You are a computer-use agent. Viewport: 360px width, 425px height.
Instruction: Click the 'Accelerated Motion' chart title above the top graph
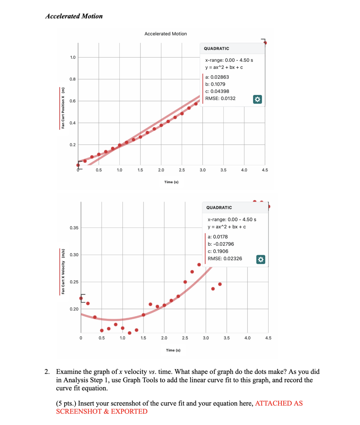pyautogui.click(x=165, y=34)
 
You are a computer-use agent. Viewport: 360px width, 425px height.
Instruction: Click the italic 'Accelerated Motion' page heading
pyautogui.click(x=74, y=16)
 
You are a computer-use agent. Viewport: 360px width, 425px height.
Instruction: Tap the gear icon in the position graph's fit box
pyautogui.click(x=257, y=99)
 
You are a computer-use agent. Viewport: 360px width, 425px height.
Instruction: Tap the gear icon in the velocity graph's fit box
pyautogui.click(x=260, y=259)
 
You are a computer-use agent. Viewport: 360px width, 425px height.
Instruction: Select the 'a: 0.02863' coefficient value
pyautogui.click(x=217, y=77)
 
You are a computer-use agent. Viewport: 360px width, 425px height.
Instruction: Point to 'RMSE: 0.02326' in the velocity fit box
pyautogui.click(x=225, y=259)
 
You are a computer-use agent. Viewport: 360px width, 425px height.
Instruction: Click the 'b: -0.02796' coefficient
pyautogui.click(x=221, y=244)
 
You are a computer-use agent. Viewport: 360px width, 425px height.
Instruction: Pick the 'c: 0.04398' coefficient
pyautogui.click(x=217, y=91)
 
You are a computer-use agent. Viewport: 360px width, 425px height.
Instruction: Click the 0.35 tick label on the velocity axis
pyautogui.click(x=74, y=228)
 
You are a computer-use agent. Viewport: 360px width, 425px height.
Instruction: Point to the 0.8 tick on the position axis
pyautogui.click(x=73, y=79)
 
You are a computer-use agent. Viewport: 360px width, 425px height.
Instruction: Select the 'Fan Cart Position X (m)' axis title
pyautogui.click(x=63, y=108)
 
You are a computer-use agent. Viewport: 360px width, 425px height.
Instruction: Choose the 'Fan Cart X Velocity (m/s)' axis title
pyautogui.click(x=63, y=271)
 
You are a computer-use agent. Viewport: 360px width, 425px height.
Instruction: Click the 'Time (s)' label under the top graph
pyautogui.click(x=171, y=182)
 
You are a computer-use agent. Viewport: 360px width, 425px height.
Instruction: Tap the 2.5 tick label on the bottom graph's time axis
pyautogui.click(x=185, y=338)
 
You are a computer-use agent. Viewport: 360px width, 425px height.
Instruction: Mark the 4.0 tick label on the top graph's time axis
pyautogui.click(x=244, y=170)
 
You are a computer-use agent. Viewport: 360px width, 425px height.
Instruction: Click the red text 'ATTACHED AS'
pyautogui.click(x=279, y=403)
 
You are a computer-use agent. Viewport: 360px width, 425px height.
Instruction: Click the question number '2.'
pyautogui.click(x=47, y=372)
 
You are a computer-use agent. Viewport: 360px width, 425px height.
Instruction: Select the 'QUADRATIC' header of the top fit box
pyautogui.click(x=216, y=49)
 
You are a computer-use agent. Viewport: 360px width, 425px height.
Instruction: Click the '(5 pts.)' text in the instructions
pyautogui.click(x=66, y=403)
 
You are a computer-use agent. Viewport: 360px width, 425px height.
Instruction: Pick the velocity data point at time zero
pyautogui.click(x=81, y=298)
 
